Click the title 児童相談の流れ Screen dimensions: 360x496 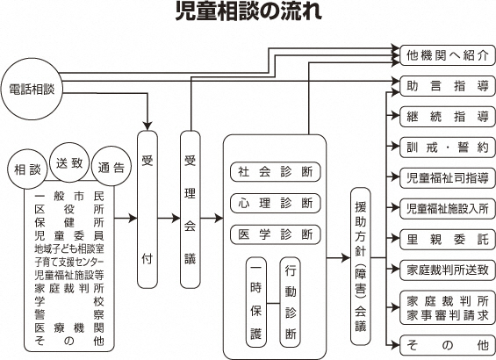click(248, 13)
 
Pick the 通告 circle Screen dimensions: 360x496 click(111, 168)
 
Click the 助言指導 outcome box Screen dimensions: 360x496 click(443, 87)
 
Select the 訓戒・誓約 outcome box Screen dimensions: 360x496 click(443, 147)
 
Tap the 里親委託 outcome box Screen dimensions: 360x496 click(443, 238)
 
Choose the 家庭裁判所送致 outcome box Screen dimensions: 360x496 click(443, 268)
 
